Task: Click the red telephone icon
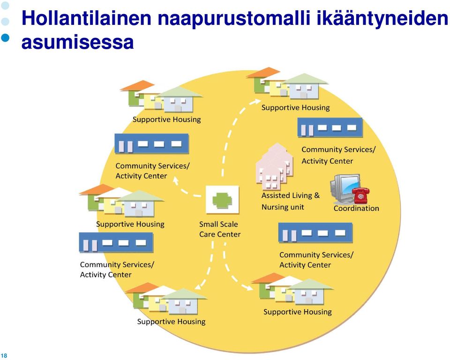click(361, 195)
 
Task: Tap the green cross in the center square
click(222, 199)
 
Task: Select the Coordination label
click(356, 208)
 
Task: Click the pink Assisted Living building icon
click(274, 166)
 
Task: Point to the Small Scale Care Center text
click(220, 229)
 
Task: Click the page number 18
click(4, 355)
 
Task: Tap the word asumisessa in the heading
click(77, 42)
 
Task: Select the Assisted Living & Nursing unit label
click(290, 201)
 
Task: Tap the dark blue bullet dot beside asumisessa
click(5, 37)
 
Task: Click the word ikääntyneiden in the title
click(382, 18)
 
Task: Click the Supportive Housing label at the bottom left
click(172, 322)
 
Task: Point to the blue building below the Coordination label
click(315, 232)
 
